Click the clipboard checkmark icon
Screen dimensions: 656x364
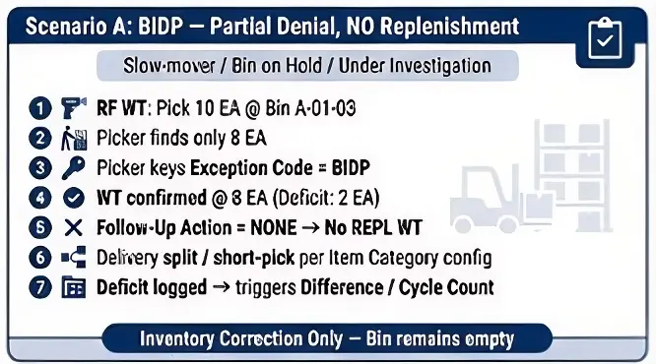pos(605,38)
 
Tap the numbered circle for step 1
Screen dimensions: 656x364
pos(40,108)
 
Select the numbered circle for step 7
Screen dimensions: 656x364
pos(40,287)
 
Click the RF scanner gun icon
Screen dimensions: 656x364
pos(73,108)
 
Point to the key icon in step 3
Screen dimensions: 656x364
pos(73,168)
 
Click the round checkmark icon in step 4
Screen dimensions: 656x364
pos(74,198)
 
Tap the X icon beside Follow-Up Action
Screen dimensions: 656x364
pos(74,228)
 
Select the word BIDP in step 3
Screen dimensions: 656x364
pos(351,168)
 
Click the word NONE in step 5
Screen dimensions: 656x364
pos(273,228)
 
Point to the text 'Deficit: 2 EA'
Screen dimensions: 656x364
pos(326,198)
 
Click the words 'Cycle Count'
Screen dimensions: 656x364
pos(446,287)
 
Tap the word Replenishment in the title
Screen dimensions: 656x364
pos(450,27)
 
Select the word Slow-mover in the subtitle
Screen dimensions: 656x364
pos(169,66)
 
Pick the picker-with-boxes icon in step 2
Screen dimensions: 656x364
pos(74,139)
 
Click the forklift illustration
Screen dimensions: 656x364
pos(500,200)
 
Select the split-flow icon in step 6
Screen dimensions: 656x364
pos(74,258)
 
